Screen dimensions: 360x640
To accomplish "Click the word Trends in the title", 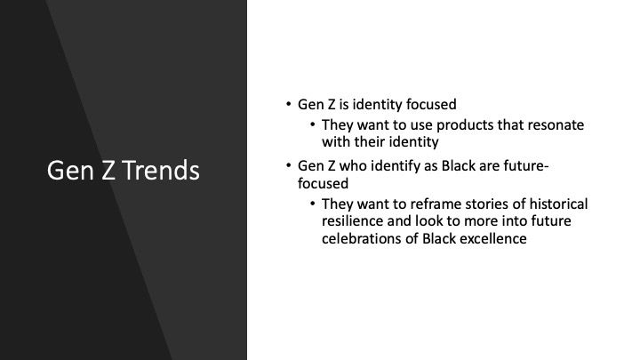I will (162, 171).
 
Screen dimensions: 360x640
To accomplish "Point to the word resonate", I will (556, 125).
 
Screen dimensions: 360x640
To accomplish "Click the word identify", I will (399, 166).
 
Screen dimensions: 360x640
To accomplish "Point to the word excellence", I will (492, 240).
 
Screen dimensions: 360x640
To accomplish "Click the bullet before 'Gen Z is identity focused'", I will (288, 105).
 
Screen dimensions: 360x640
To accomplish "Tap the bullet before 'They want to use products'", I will (312, 125).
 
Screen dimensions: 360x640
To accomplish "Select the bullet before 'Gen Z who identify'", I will (288, 166).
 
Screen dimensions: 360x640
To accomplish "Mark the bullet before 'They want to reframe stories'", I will (312, 204).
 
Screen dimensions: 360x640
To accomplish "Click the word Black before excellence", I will (437, 240).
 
